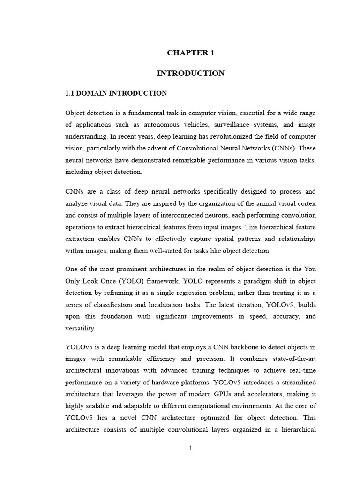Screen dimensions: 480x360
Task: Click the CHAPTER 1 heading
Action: [190, 53]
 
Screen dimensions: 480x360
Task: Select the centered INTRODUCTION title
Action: [190, 73]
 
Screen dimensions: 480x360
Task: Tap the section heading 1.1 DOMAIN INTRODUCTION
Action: [116, 93]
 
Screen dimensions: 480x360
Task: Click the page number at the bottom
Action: [190, 448]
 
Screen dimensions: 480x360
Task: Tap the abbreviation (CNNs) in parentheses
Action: [283, 148]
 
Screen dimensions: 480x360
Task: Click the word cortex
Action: [306, 203]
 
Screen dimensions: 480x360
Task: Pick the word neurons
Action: [213, 215]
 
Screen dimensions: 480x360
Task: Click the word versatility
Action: [81, 328]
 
